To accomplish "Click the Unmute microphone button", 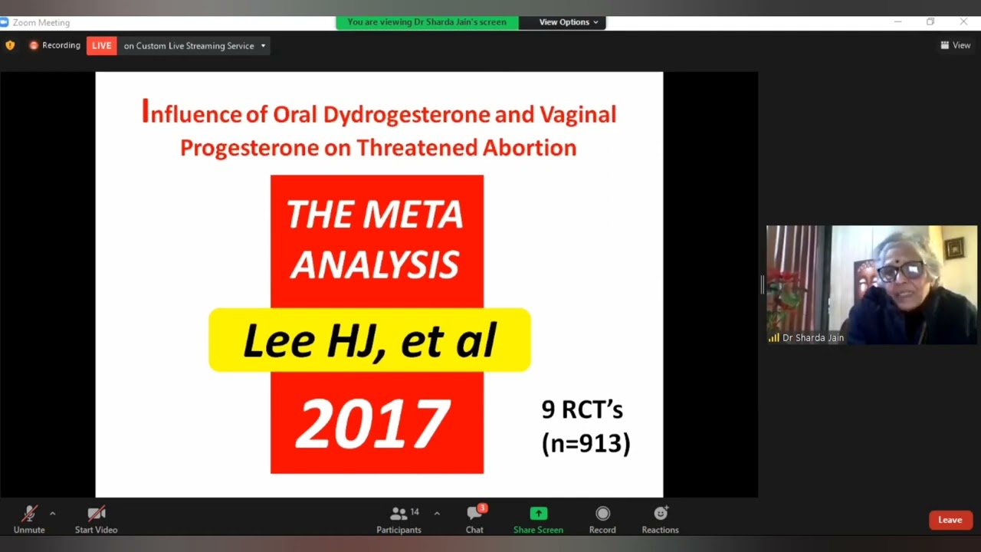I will pos(29,514).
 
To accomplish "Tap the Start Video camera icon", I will pos(96,514).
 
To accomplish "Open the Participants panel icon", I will pos(399,514).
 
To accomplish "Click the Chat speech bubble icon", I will pos(474,514).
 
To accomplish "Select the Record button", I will pos(602,514).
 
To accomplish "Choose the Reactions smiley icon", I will pos(660,514).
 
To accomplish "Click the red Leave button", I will pos(950,520).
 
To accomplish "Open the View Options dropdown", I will pos(568,22).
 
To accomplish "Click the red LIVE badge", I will pos(101,46).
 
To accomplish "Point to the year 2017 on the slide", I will pos(373,424).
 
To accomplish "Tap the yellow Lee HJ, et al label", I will pos(369,340).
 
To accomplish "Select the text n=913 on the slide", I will pos(586,443).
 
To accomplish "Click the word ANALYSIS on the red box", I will pos(375,264).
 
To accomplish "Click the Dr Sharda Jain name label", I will pos(812,337).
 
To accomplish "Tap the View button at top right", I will pos(956,45).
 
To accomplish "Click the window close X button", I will pos(963,22).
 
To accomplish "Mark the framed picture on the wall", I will pos(955,249).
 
